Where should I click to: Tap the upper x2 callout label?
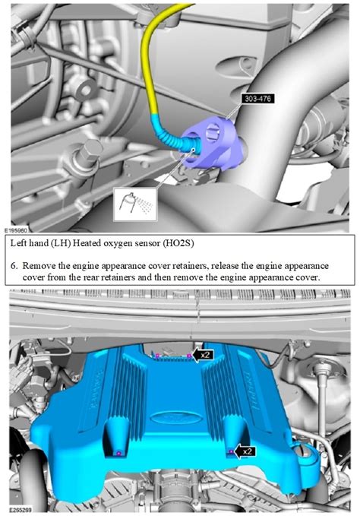[203, 354]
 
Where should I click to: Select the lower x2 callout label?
[245, 451]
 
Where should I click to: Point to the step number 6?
[14, 267]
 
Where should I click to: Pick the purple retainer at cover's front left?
[119, 454]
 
